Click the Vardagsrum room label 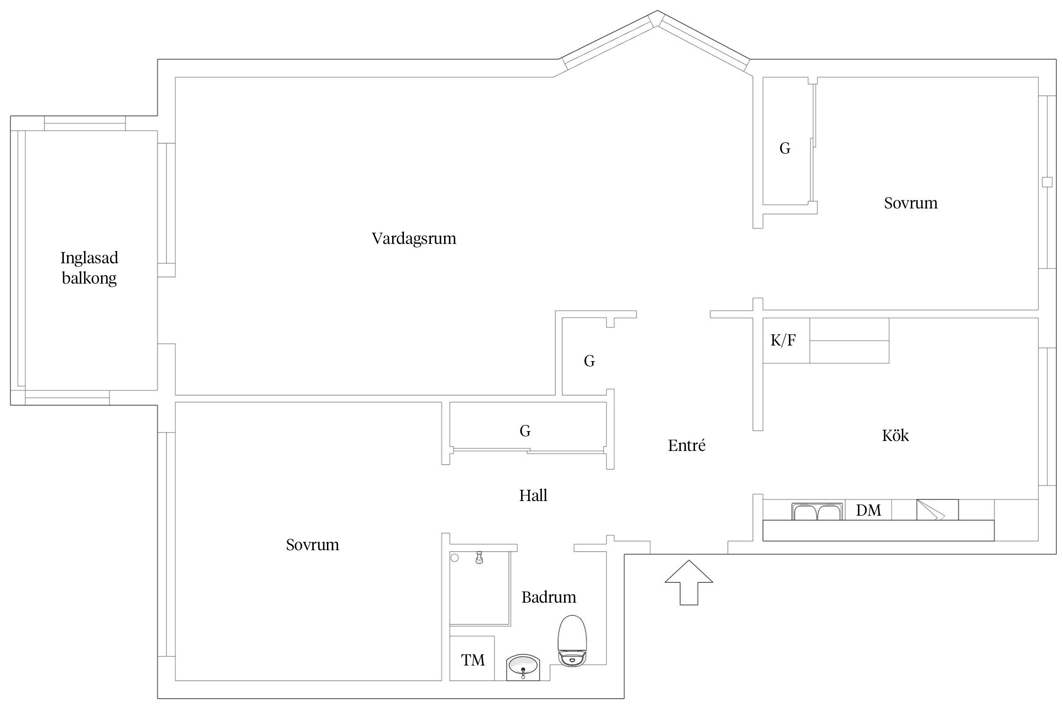coord(414,238)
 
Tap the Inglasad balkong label coord(89,268)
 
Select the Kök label coord(895,435)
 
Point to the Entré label coord(686,445)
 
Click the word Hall coord(533,495)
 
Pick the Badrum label coord(549,597)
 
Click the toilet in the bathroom coord(573,641)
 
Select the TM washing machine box coord(472,658)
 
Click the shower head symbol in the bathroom coord(479,558)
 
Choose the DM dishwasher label coord(868,510)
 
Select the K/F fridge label coord(783,340)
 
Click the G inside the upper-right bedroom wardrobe coord(785,148)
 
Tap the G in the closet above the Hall coord(525,431)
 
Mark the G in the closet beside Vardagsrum coord(589,361)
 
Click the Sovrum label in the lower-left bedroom coord(312,545)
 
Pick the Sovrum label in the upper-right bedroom coord(910,203)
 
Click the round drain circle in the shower coord(454,558)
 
